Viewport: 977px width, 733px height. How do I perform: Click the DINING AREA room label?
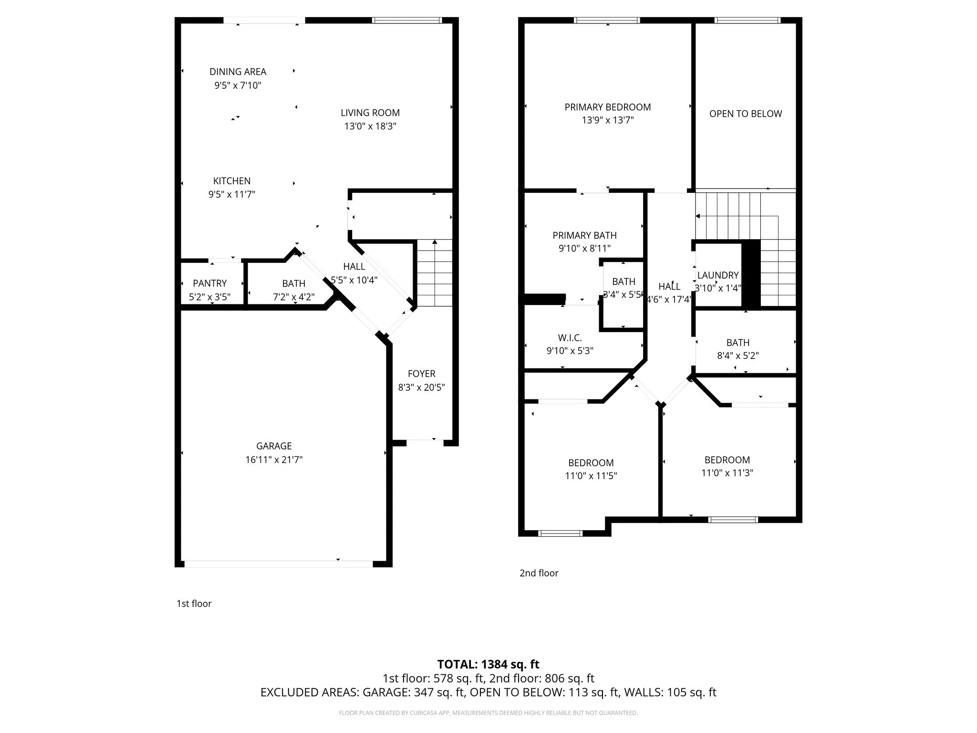pyautogui.click(x=238, y=72)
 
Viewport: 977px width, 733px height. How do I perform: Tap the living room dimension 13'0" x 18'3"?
pyautogui.click(x=370, y=126)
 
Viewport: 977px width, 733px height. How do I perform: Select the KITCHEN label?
pyautogui.click(x=232, y=181)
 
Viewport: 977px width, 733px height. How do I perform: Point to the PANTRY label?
pyautogui.click(x=209, y=283)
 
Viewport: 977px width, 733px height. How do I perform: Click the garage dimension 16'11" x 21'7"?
pyautogui.click(x=274, y=460)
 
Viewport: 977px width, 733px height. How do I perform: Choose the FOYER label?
pyautogui.click(x=421, y=374)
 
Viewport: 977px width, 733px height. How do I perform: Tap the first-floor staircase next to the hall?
pyautogui.click(x=434, y=273)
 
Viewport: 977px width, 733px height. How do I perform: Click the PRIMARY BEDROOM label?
pyautogui.click(x=607, y=107)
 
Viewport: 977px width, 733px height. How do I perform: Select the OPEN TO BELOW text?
pyautogui.click(x=745, y=114)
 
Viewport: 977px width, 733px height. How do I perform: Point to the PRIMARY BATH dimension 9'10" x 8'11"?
pyautogui.click(x=584, y=248)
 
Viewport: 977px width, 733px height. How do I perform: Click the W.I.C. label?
pyautogui.click(x=570, y=338)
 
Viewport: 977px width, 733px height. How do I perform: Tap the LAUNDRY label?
pyautogui.click(x=717, y=275)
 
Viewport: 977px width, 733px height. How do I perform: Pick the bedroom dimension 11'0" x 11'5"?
pyautogui.click(x=591, y=476)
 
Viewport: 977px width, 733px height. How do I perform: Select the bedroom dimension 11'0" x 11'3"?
pyautogui.click(x=727, y=473)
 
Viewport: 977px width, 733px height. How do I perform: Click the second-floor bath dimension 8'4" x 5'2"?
pyautogui.click(x=738, y=356)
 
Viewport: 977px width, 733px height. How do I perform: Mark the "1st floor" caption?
pyautogui.click(x=194, y=604)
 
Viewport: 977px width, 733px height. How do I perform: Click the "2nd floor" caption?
pyautogui.click(x=539, y=573)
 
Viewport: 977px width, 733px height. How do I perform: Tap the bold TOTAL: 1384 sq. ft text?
pyautogui.click(x=488, y=664)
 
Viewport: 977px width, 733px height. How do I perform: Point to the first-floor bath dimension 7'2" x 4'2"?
pyautogui.click(x=293, y=297)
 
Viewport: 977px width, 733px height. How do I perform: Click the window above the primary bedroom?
pyautogui.click(x=607, y=20)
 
